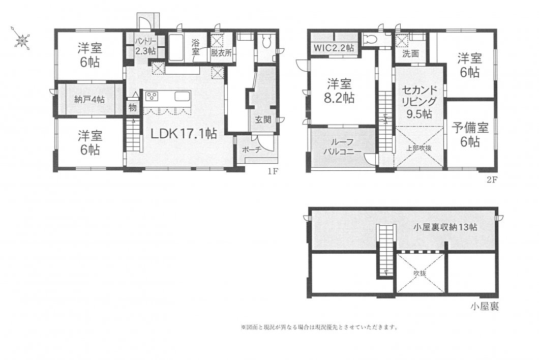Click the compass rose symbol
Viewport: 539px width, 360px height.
21,38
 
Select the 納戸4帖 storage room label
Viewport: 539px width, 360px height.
89,100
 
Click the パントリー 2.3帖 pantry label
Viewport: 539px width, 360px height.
145,46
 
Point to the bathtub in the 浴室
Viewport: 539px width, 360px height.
176,48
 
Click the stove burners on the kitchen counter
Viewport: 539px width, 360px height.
152,96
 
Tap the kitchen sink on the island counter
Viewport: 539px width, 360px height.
182,96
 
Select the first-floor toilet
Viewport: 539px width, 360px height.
267,42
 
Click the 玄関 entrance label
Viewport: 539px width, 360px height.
263,119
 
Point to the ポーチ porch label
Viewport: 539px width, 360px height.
252,149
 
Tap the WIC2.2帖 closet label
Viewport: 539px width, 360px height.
334,47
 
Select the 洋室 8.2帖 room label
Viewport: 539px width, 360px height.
340,91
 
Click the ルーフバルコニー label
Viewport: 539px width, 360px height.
341,147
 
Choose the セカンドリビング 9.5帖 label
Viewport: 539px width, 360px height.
419,102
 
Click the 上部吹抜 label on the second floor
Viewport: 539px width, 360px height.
418,148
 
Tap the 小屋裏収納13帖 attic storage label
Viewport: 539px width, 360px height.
445,227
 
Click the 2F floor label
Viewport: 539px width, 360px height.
492,179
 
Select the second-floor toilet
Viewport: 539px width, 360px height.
370,39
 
